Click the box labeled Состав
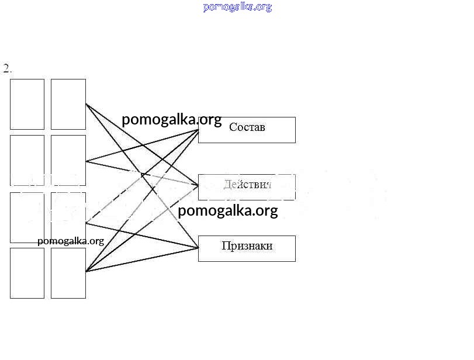(x=247, y=130)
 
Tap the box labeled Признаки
(x=247, y=248)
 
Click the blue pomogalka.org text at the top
(x=237, y=7)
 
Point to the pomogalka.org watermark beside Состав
(x=171, y=120)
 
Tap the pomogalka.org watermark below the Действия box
(x=227, y=210)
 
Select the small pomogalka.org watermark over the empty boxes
(x=70, y=241)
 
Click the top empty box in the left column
(x=27, y=104)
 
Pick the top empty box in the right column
(x=68, y=104)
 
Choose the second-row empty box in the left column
(x=27, y=160)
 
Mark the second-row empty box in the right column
(x=68, y=160)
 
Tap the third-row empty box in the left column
(x=27, y=217)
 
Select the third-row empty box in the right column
(x=68, y=217)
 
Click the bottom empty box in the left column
(x=27, y=273)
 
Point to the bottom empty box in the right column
(x=68, y=273)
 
